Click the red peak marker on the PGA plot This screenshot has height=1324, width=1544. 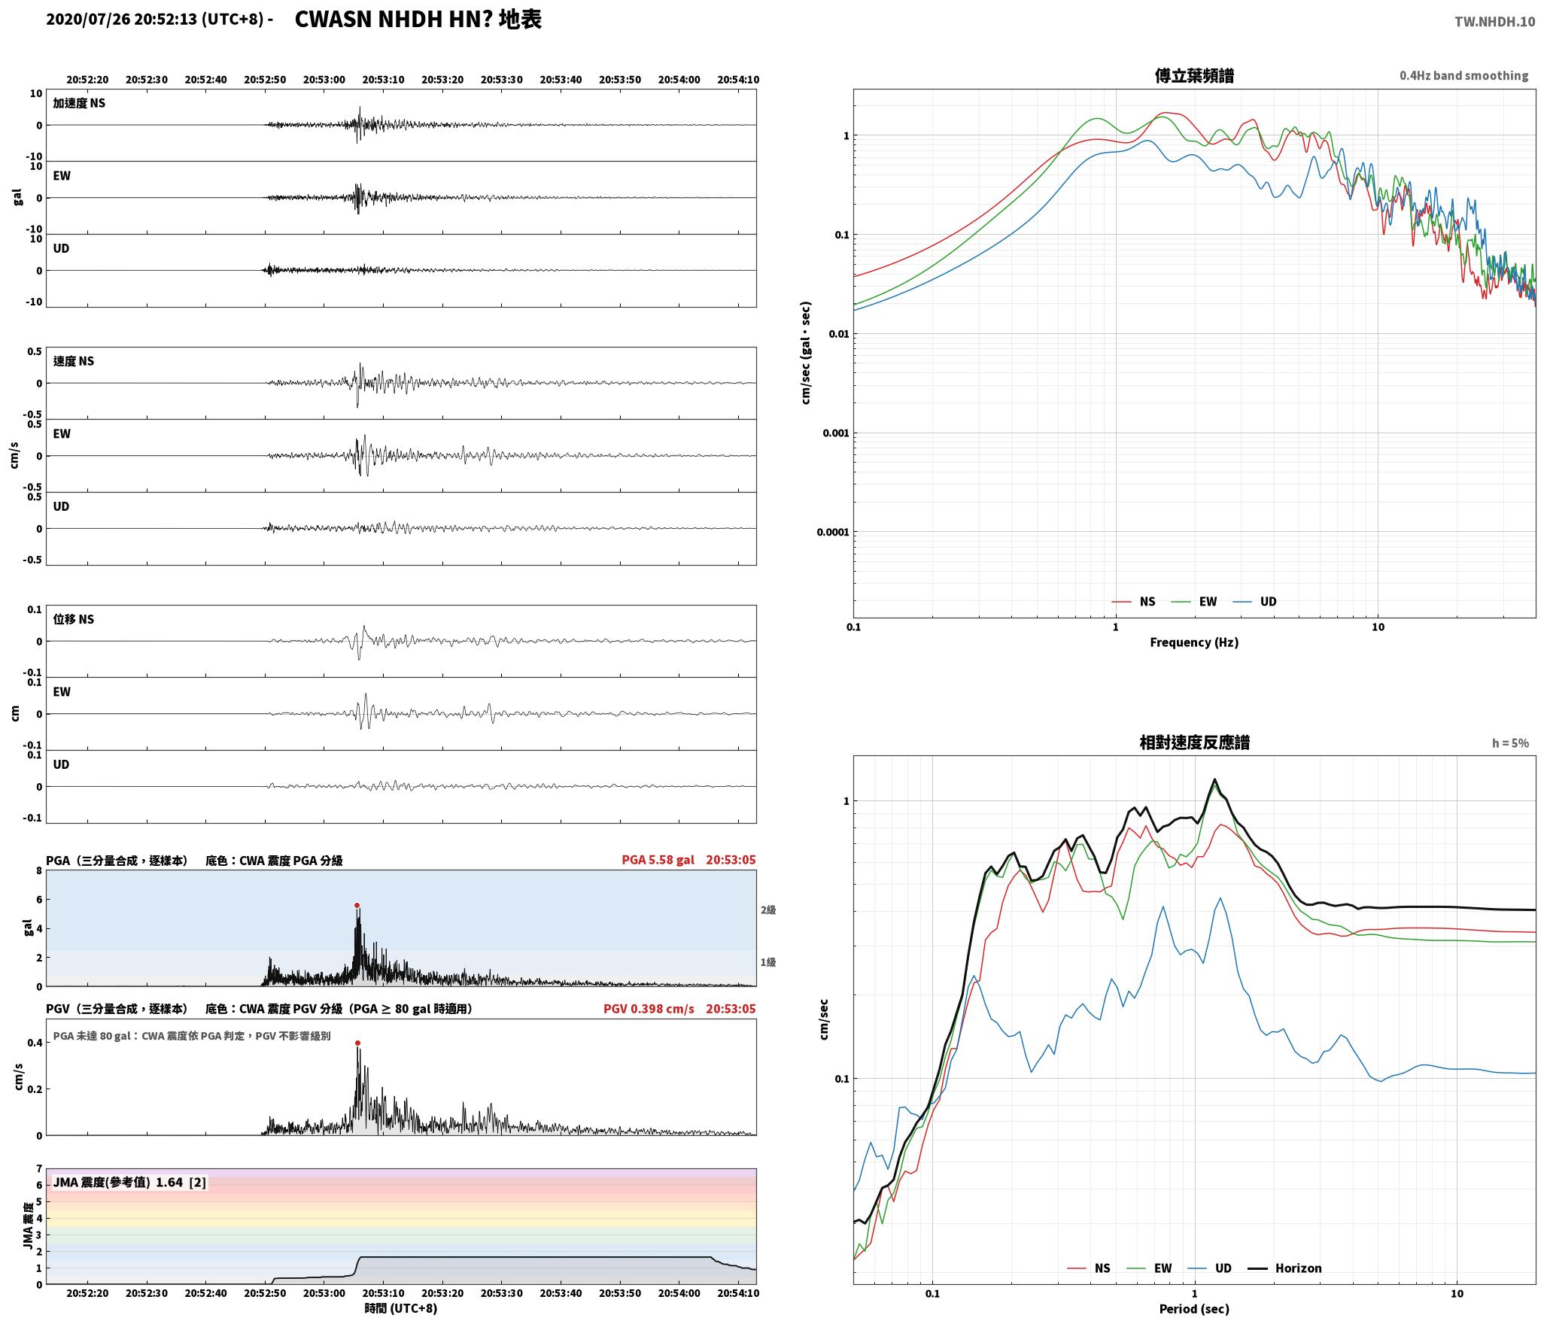[357, 906]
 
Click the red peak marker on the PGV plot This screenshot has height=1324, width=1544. [357, 1043]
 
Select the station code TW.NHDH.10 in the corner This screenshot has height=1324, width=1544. [1494, 22]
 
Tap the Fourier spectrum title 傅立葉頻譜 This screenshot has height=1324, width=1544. [1194, 76]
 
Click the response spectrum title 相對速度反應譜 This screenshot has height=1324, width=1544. [1194, 742]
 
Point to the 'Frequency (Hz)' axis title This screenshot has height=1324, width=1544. [1194, 642]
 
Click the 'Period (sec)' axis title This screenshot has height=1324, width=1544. [1194, 1309]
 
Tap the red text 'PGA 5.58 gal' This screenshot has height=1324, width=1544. [658, 860]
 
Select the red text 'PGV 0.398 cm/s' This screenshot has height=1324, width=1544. [649, 1009]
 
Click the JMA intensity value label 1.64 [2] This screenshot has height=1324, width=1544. [181, 1183]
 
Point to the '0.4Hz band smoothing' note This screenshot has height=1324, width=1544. [1463, 76]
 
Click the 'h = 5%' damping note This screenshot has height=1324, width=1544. [1510, 743]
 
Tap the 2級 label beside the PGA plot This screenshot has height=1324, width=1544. [767, 910]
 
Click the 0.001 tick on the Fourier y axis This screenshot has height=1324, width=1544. [834, 433]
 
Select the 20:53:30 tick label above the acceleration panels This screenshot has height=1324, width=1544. [502, 80]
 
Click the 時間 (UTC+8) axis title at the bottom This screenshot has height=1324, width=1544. [400, 1308]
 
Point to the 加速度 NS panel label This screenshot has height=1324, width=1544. [79, 103]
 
